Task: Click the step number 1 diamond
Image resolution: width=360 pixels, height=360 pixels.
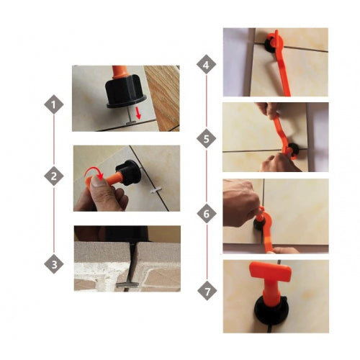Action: click(54, 104)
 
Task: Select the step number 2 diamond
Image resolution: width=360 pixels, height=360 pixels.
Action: click(54, 176)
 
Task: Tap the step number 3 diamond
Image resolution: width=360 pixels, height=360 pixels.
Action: click(54, 264)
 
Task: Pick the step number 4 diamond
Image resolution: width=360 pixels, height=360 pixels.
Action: click(206, 64)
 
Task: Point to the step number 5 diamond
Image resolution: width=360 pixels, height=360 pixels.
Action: click(206, 138)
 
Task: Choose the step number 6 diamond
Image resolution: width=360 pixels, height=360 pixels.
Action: click(207, 213)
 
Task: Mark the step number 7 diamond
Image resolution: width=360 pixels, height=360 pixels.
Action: click(207, 291)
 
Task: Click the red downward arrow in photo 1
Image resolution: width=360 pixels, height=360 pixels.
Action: click(138, 113)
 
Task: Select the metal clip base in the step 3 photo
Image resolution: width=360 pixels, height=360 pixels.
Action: click(127, 285)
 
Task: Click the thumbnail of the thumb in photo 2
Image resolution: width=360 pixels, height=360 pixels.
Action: click(97, 181)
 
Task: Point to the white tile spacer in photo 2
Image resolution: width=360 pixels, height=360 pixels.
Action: click(156, 190)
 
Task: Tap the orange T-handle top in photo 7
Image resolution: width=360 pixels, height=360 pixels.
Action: click(271, 273)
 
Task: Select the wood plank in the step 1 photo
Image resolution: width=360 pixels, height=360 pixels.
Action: click(163, 97)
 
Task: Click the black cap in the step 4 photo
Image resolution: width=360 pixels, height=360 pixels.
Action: click(272, 43)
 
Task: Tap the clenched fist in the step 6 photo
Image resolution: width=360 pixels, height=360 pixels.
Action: click(240, 203)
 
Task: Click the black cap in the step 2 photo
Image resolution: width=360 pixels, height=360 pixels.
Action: click(128, 172)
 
